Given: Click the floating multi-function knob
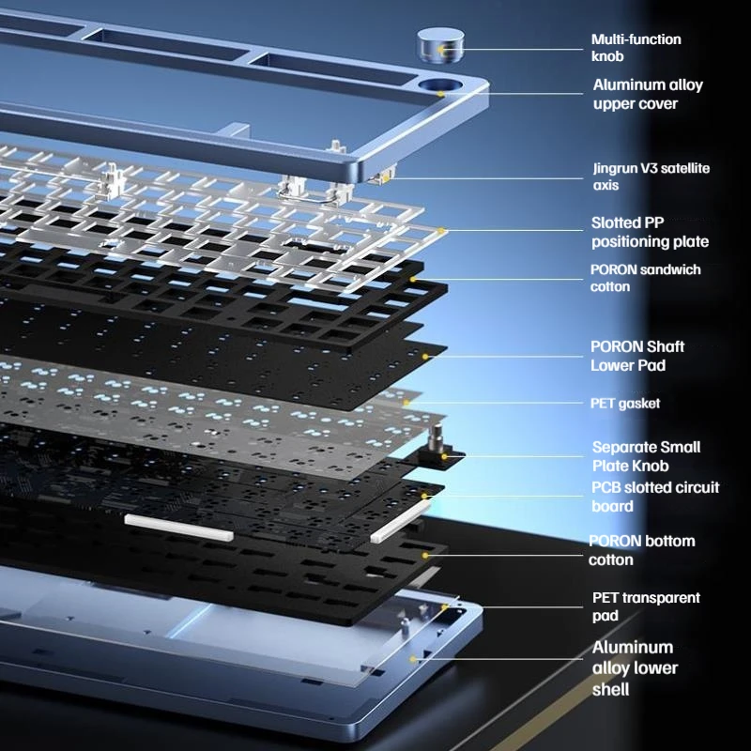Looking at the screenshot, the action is tap(440, 45).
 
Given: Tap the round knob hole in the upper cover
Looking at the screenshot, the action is tap(440, 86).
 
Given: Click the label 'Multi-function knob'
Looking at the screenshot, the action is tap(636, 48).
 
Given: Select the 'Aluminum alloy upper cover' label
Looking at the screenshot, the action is tap(648, 94).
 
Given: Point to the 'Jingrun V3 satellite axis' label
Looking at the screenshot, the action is tap(651, 176).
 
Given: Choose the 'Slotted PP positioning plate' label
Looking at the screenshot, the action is tap(650, 232).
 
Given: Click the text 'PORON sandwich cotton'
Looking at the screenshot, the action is tap(646, 278).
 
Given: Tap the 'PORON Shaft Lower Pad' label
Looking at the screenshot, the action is tap(637, 356).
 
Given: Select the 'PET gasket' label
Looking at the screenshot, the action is tap(625, 404).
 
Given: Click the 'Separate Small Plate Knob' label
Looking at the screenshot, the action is tap(646, 456).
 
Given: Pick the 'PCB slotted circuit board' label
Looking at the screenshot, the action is tap(655, 497).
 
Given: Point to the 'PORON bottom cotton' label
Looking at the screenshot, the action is tap(642, 550).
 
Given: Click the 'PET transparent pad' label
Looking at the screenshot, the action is tap(646, 606).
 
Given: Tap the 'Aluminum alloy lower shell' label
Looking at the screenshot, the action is tap(636, 668).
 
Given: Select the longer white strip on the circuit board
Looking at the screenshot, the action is tap(179, 528).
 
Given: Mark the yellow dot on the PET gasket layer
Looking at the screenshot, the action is tap(406, 403).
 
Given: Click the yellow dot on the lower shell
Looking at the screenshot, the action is tap(412, 659).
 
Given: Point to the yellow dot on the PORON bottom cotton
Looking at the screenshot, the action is tap(425, 555).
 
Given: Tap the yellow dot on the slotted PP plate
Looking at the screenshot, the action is tap(441, 231).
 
